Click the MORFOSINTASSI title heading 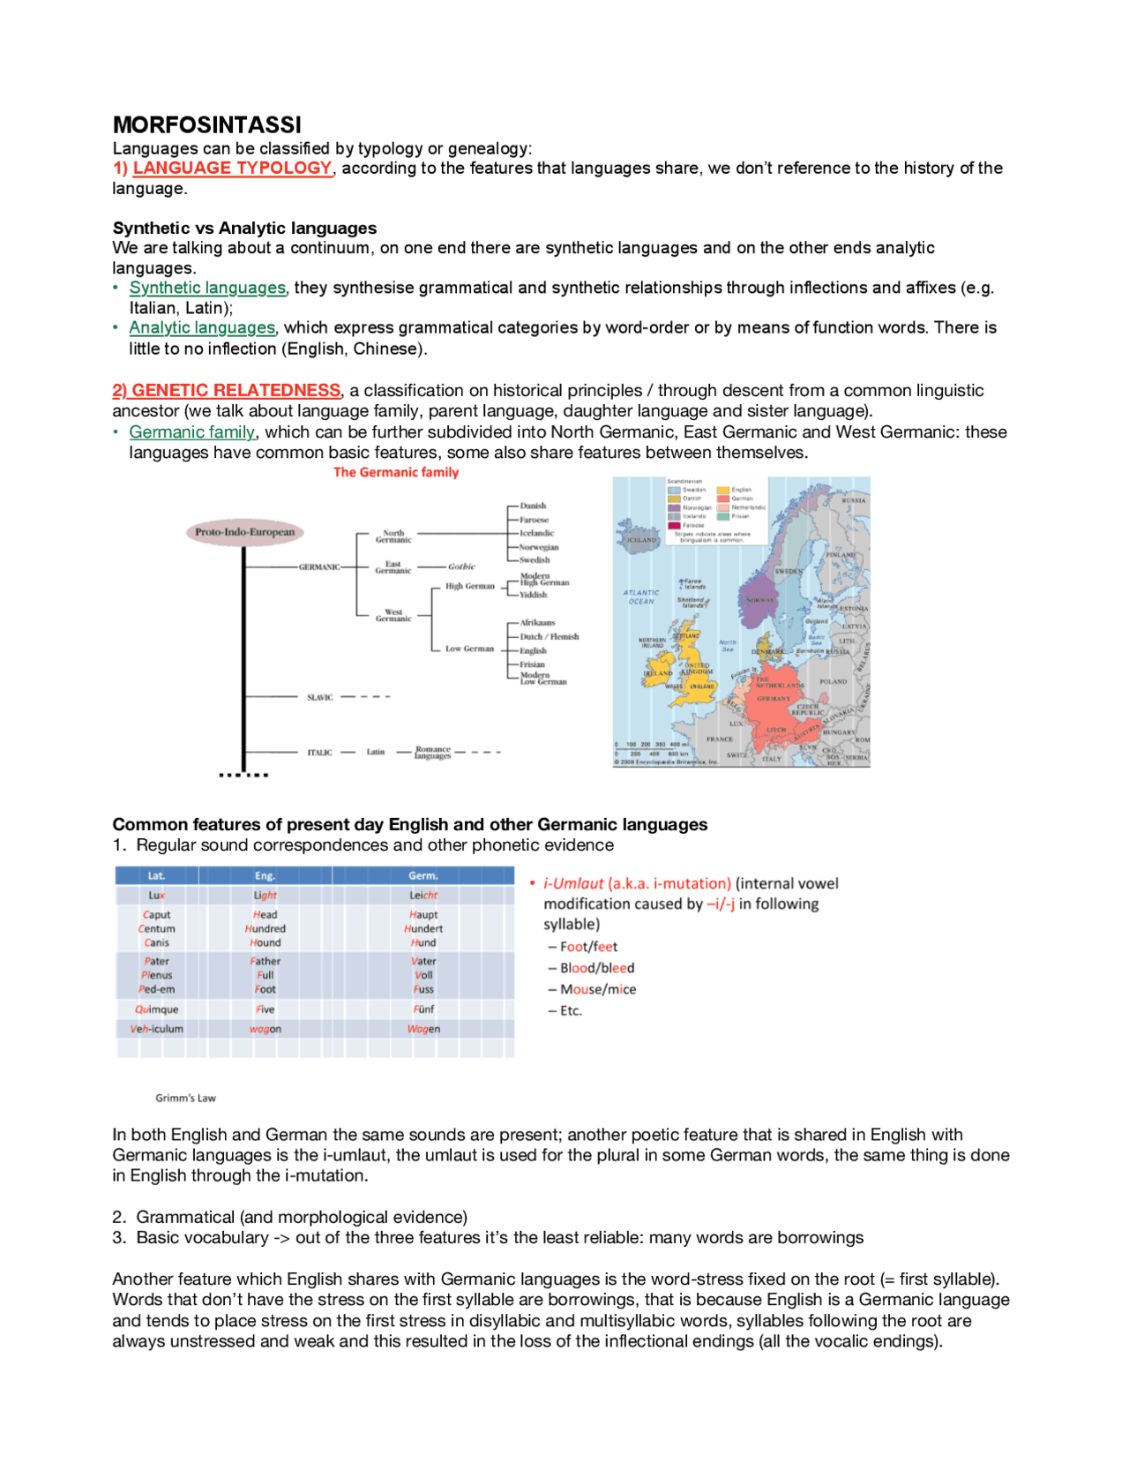(x=206, y=124)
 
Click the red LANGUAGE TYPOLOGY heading (x=232, y=168)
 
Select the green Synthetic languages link (x=207, y=288)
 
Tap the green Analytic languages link (x=202, y=327)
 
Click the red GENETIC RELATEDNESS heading (x=236, y=390)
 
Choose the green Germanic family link (x=192, y=431)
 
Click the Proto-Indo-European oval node (x=245, y=532)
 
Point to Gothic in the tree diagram (x=461, y=566)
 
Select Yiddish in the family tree (x=534, y=595)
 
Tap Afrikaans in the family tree (x=537, y=622)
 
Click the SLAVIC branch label (x=319, y=697)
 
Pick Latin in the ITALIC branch (x=376, y=752)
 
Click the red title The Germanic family (x=396, y=472)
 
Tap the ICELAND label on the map (x=642, y=540)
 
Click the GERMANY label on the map (x=774, y=698)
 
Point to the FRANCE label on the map (x=719, y=739)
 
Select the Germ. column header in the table (x=423, y=875)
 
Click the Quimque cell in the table (x=157, y=1009)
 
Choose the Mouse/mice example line (x=598, y=989)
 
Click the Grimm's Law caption (x=185, y=1098)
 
